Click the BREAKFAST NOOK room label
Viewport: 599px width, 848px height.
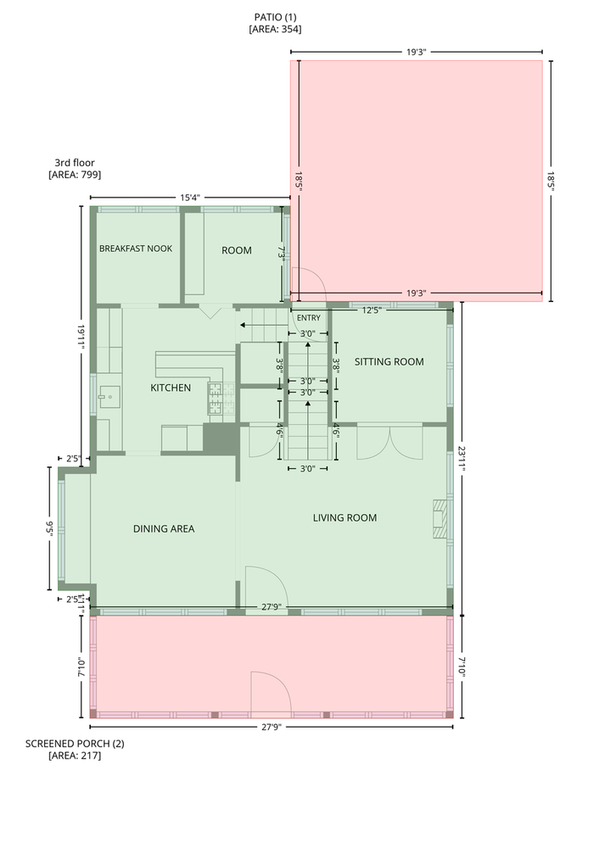136,248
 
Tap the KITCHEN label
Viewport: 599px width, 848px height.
171,388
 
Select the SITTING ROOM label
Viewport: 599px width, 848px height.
389,362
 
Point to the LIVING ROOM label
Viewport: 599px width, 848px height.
344,517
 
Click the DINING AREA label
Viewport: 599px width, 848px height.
164,529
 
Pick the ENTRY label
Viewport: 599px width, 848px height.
309,318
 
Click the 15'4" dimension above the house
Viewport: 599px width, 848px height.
190,198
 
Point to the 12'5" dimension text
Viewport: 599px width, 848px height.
372,310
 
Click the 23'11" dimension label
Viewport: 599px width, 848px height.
462,459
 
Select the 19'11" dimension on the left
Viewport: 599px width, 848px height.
81,338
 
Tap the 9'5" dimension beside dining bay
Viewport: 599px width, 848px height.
49,527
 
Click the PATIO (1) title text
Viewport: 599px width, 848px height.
276,17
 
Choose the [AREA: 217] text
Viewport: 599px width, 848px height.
75,756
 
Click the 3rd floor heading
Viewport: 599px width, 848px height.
75,163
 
